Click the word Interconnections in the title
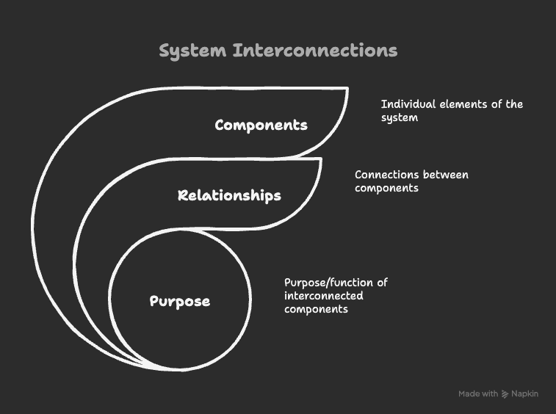[x=315, y=51]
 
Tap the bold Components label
[x=261, y=126]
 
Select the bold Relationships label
[x=229, y=196]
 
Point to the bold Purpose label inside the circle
[x=180, y=302]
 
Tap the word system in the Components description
[x=399, y=117]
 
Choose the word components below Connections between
[x=386, y=188]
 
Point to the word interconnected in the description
[x=323, y=296]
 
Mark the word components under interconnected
[x=316, y=309]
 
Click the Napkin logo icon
[x=505, y=394]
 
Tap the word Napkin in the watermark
[x=524, y=394]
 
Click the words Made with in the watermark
[x=478, y=394]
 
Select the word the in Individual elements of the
[x=514, y=104]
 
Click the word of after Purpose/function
[x=382, y=283]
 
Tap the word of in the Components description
[x=496, y=104]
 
